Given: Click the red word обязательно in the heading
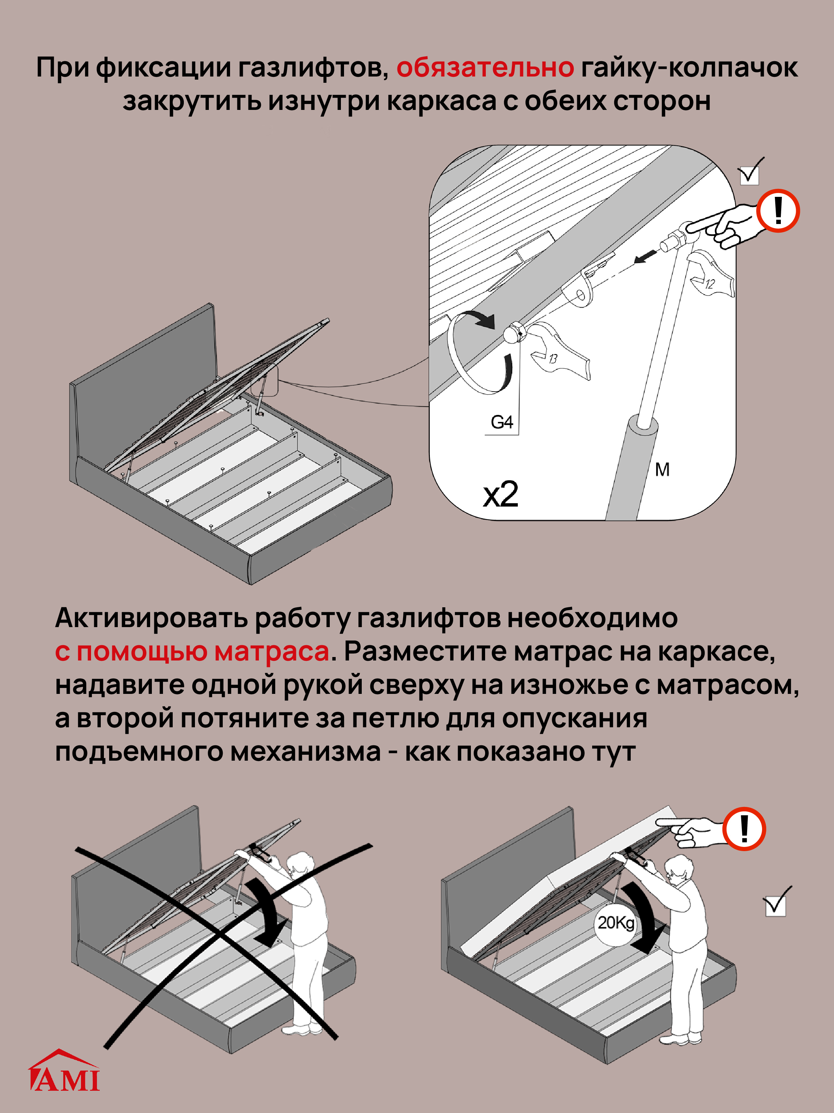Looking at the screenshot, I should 485,67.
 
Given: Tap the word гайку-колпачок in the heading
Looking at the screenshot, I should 689,67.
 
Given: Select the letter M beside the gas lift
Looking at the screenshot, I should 662,470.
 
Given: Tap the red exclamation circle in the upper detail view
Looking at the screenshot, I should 778,210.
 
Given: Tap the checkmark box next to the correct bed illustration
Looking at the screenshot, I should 775,906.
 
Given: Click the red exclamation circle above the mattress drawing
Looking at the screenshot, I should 744,829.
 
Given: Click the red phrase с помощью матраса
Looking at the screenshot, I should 192,651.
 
